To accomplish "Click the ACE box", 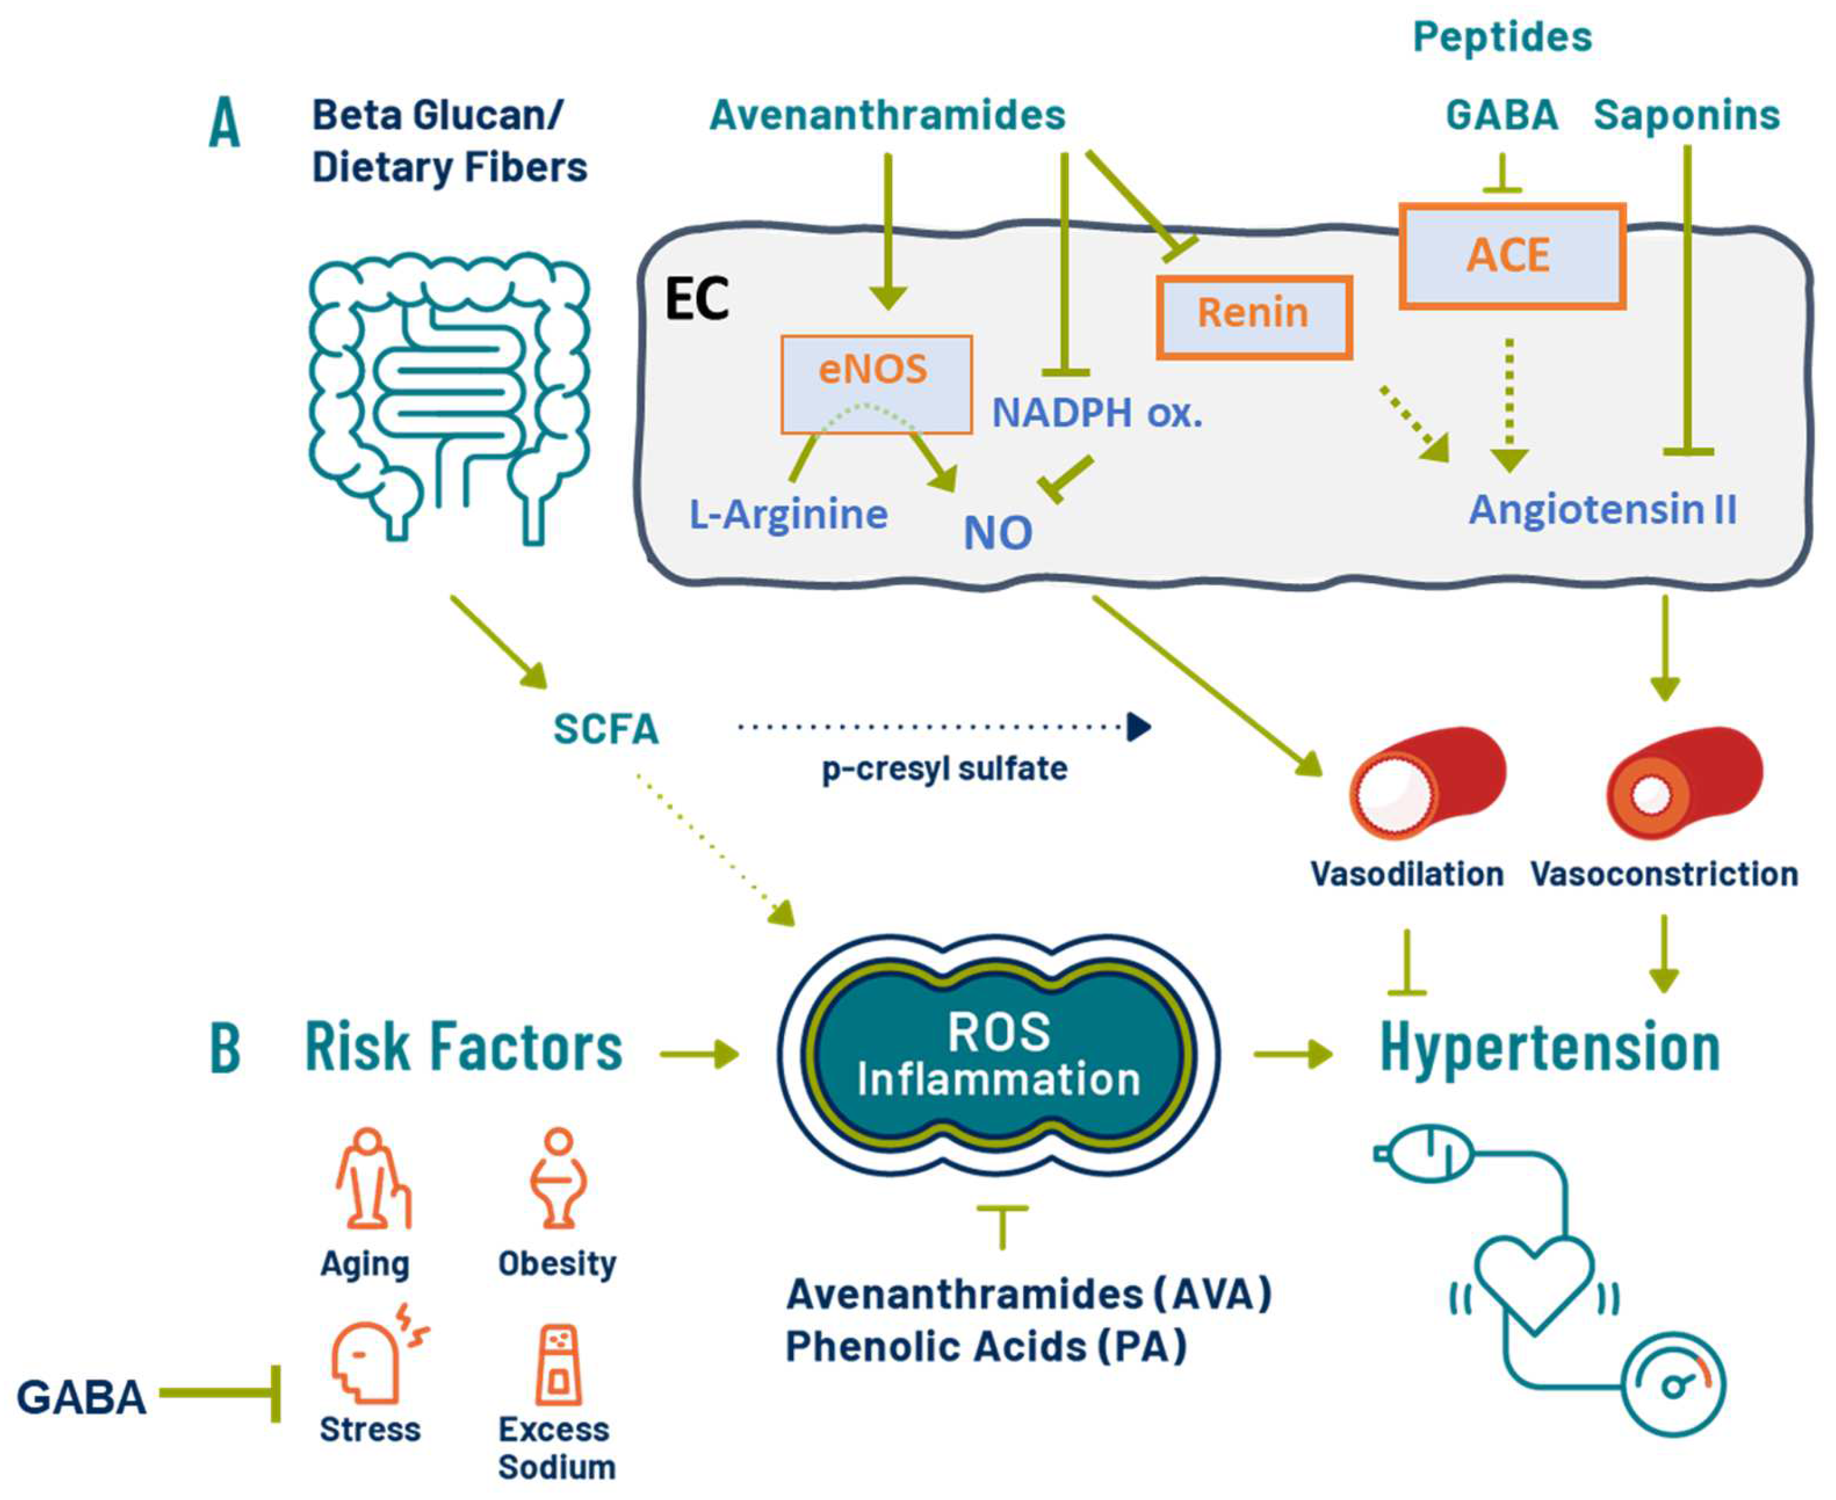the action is click(1512, 256).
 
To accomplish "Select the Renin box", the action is click(1254, 317).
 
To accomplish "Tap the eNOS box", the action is click(875, 384).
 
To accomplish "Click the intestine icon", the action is click(449, 397).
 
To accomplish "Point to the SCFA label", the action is click(606, 729).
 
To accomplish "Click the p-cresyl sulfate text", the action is click(944, 769).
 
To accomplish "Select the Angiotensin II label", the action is click(1603, 509).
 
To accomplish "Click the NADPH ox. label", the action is click(1097, 413).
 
